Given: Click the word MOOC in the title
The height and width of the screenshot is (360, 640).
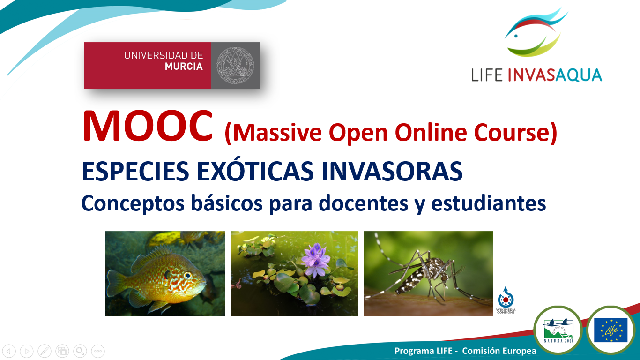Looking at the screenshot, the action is pos(148,126).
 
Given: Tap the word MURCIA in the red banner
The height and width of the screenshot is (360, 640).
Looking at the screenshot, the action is pos(184,67).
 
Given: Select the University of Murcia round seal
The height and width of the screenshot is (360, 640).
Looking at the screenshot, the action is pos(235,65).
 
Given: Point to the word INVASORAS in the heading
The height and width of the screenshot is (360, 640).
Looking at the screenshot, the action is pos(392,171).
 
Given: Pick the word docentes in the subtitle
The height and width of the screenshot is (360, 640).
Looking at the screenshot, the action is pos(364,203).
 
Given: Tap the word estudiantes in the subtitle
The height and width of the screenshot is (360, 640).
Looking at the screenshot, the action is pos(489,203).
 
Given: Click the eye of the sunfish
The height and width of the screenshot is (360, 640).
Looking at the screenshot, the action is pos(188,275).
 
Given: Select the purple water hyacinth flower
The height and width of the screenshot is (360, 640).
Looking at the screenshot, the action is pos(316,259).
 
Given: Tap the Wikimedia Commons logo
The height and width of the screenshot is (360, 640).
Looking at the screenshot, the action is pos(506,300).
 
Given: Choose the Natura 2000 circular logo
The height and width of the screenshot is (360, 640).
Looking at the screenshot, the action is pos(558,330).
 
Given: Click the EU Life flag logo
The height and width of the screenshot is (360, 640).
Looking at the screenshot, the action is pos(610,330).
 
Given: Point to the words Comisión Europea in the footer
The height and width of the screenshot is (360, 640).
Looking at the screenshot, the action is pos(499,351).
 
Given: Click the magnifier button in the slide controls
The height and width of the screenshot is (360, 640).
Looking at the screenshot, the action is pos(80,351).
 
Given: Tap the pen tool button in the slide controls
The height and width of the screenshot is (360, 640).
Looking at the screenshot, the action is pos(45,351).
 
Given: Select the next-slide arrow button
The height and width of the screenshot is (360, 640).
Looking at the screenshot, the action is pos(27,351).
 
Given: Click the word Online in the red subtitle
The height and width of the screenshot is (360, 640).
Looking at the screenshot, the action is pos(431,132).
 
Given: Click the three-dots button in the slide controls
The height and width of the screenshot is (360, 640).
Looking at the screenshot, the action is pos(98,351).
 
